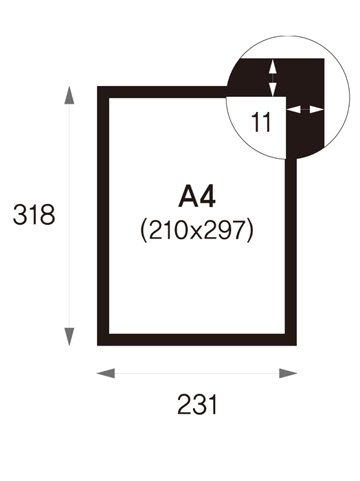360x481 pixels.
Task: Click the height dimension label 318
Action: click(34, 214)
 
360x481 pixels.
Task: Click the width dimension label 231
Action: click(197, 405)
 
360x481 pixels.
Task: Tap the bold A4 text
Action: click(196, 197)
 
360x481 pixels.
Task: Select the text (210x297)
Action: click(197, 230)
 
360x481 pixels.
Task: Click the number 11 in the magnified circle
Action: click(260, 122)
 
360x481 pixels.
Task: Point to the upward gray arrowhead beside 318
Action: click(69, 95)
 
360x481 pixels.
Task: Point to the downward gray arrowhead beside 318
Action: click(69, 337)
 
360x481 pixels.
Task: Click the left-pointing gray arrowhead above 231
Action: click(106, 373)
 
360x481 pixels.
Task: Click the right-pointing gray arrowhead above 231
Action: click(288, 373)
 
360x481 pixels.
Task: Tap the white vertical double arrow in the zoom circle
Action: click(273, 78)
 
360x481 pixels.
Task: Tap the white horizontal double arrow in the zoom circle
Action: click(305, 109)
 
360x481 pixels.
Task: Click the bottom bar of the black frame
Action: click(197, 340)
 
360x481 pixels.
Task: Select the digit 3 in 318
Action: click(19, 214)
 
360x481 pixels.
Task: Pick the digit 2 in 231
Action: click(184, 405)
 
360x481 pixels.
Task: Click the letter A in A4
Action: click(188, 197)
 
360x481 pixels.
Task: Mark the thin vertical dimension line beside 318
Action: click(69, 216)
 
